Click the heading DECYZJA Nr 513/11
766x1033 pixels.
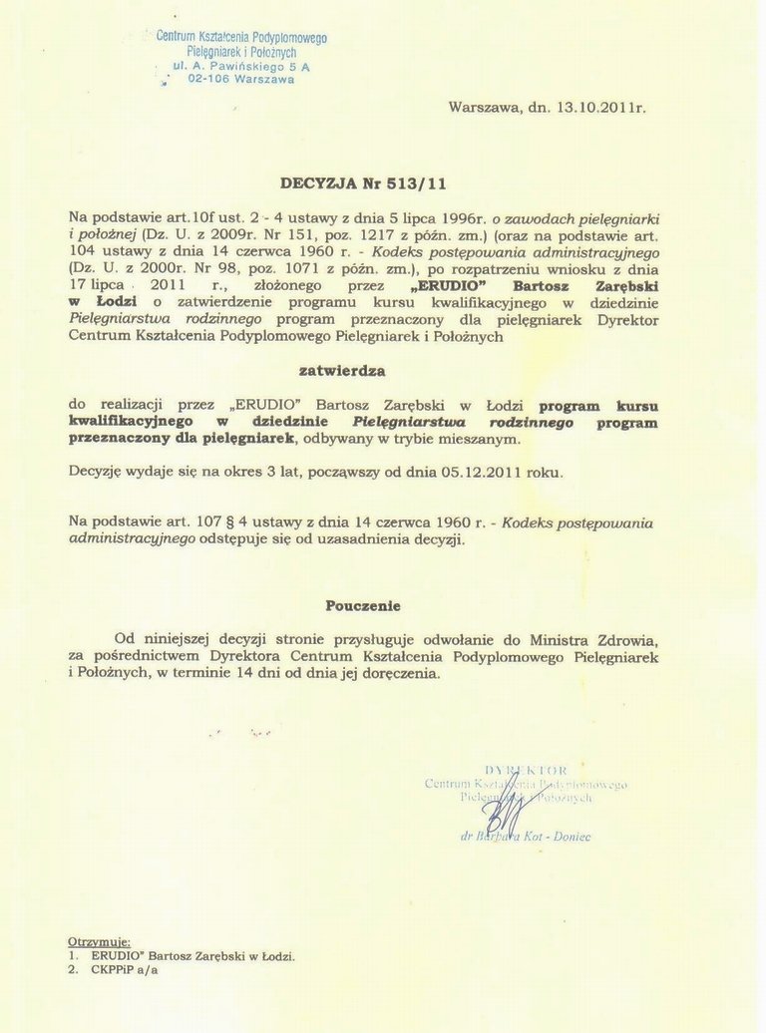(x=363, y=183)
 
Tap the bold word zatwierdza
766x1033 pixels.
(x=342, y=370)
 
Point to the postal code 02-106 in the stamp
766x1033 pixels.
(x=208, y=80)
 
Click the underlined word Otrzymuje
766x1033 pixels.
(x=99, y=941)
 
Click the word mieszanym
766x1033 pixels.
(x=483, y=439)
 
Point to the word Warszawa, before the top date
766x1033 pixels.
(x=486, y=107)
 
